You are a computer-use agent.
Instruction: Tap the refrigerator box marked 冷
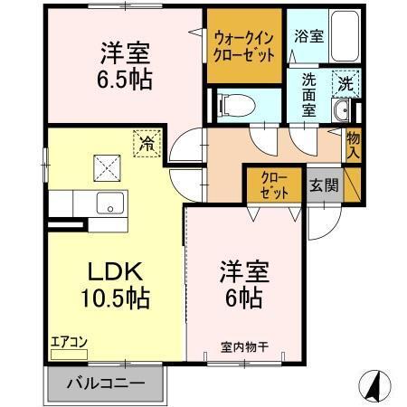click(147, 142)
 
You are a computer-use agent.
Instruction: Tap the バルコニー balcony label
click(107, 383)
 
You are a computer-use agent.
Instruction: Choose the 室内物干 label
click(241, 349)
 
